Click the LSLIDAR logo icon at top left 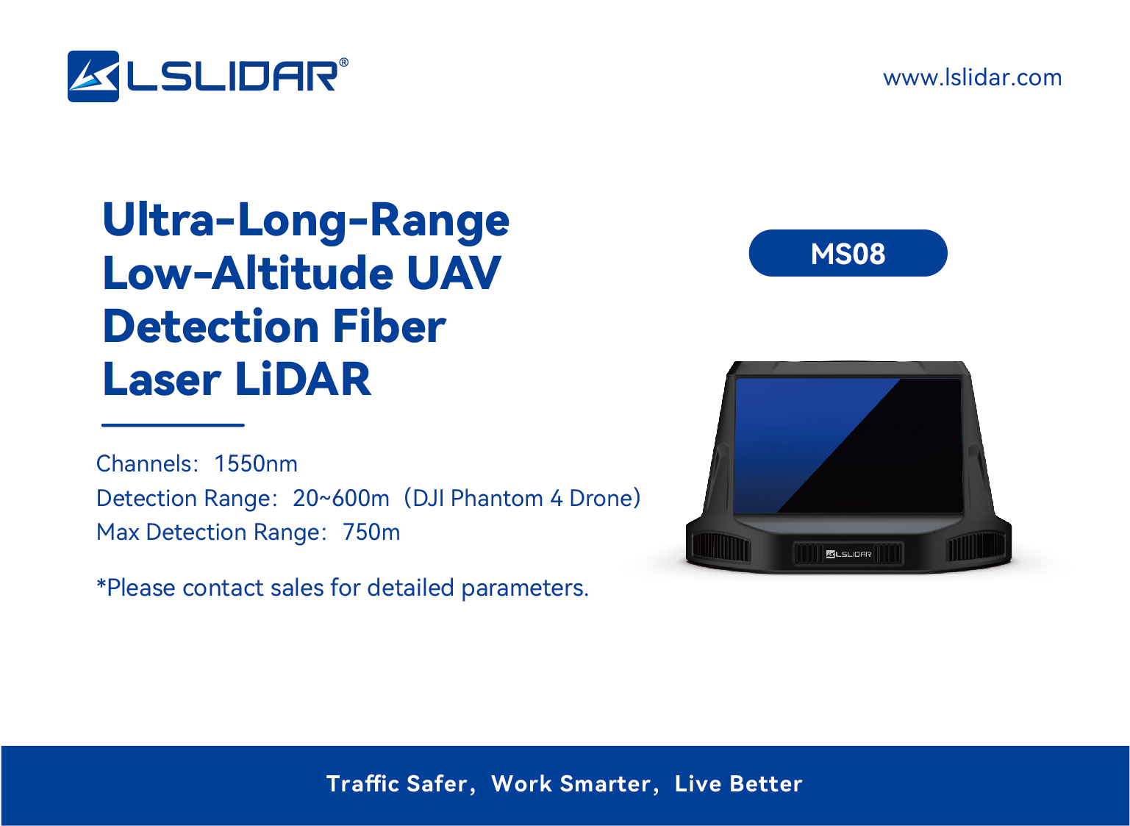(93, 76)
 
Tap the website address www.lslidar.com (972, 78)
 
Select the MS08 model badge (848, 254)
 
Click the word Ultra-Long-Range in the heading (306, 221)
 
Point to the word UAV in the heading (454, 274)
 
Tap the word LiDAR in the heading (303, 380)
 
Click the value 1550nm (256, 464)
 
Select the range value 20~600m (340, 499)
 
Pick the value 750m (371, 533)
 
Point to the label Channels (145, 464)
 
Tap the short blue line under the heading (173, 425)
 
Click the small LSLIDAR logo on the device (848, 555)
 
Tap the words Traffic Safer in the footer (397, 784)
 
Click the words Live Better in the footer (738, 784)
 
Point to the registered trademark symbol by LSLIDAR (343, 63)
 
